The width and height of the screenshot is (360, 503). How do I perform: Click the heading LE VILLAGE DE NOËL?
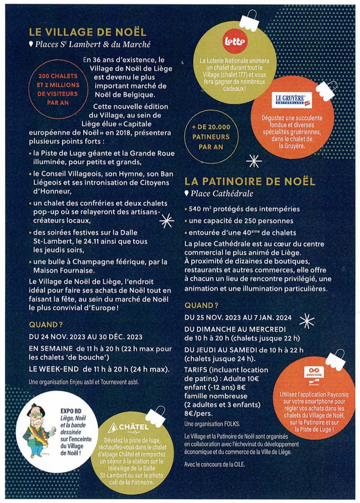pyautogui.click(x=88, y=32)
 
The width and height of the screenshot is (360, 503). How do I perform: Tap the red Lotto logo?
pyautogui.click(x=234, y=40)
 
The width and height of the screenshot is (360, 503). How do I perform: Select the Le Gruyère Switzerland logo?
pyautogui.click(x=291, y=101)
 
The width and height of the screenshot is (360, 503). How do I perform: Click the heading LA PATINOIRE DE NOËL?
pyautogui.click(x=250, y=181)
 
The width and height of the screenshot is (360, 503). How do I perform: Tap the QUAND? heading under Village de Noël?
pyautogui.click(x=46, y=325)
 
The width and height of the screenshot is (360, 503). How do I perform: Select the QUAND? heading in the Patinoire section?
pyautogui.click(x=201, y=305)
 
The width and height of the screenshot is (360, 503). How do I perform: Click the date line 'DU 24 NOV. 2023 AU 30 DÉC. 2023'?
pyautogui.click(x=86, y=337)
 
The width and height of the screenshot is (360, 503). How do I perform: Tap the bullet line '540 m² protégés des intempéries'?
pyautogui.click(x=244, y=209)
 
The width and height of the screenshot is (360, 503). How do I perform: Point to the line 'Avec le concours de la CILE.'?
pyautogui.click(x=214, y=465)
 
